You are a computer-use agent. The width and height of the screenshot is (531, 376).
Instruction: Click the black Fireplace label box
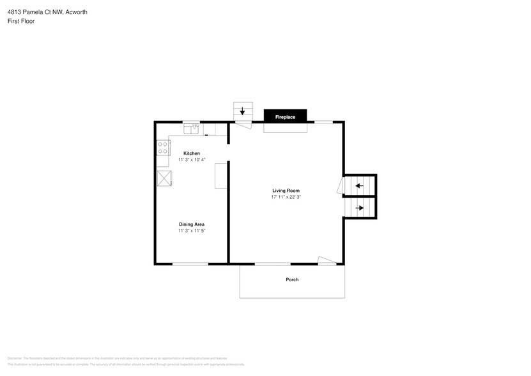[x=285, y=117]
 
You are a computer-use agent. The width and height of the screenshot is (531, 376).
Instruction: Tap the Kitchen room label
[x=192, y=153]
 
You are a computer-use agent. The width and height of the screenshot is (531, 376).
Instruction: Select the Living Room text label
[x=285, y=191]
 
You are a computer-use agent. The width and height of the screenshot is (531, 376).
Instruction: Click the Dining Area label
[x=192, y=224]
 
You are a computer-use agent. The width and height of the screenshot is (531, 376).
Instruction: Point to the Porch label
[x=292, y=279]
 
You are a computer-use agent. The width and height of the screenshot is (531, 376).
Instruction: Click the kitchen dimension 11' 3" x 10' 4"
[x=192, y=160]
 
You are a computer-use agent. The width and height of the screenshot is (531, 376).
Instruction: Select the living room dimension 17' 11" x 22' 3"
[x=285, y=198]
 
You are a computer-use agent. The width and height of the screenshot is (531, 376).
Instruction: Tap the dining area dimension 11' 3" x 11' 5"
[x=192, y=231]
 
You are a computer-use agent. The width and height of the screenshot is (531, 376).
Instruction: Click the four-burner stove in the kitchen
[x=163, y=148]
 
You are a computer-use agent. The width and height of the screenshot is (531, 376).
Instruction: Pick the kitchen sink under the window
[x=192, y=129]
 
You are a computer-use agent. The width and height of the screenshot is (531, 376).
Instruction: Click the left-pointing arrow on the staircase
[x=359, y=186]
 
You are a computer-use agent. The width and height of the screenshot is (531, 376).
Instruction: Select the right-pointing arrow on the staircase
[x=359, y=208]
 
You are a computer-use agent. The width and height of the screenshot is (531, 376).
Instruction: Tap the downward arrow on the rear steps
[x=242, y=111]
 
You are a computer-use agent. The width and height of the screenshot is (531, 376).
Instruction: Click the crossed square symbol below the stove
[x=164, y=178]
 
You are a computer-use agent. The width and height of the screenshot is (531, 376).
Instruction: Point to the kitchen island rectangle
[x=220, y=176]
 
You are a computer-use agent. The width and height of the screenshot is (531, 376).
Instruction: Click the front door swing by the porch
[x=327, y=260]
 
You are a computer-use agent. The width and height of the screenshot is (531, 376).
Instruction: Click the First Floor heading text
[x=22, y=21]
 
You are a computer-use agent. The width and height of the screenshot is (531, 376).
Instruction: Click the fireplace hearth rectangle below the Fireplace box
[x=285, y=128]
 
